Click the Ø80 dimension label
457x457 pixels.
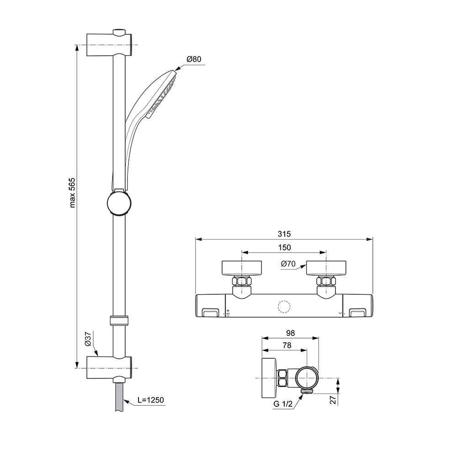(x=194, y=59)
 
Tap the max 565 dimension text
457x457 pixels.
(x=72, y=193)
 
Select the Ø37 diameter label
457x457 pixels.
(x=88, y=339)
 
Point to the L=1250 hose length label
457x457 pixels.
(x=151, y=400)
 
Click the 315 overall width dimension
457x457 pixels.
(x=284, y=234)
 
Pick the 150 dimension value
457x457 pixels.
(x=284, y=247)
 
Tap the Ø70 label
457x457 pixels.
(x=288, y=264)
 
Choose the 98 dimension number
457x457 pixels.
(x=290, y=333)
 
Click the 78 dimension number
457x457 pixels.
(x=287, y=345)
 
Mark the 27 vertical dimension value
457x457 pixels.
(x=333, y=399)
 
